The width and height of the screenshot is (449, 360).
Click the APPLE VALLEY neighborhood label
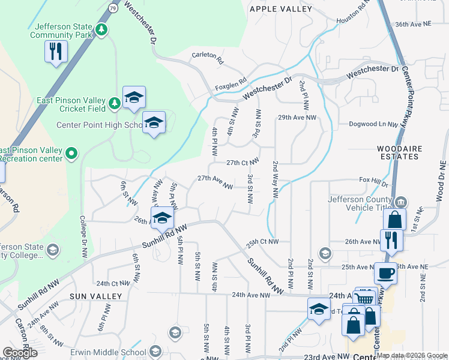(281, 9)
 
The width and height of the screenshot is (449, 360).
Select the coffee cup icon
(386, 274)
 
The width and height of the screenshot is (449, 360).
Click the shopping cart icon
(364, 298)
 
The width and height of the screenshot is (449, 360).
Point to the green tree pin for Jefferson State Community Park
(103, 29)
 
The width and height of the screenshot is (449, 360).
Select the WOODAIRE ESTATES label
(399, 152)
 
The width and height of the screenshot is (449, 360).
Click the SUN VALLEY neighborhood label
(95, 296)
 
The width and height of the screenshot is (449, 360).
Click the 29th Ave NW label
(297, 118)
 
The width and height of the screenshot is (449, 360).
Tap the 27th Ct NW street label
(243, 162)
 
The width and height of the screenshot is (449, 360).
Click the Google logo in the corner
(20, 353)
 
